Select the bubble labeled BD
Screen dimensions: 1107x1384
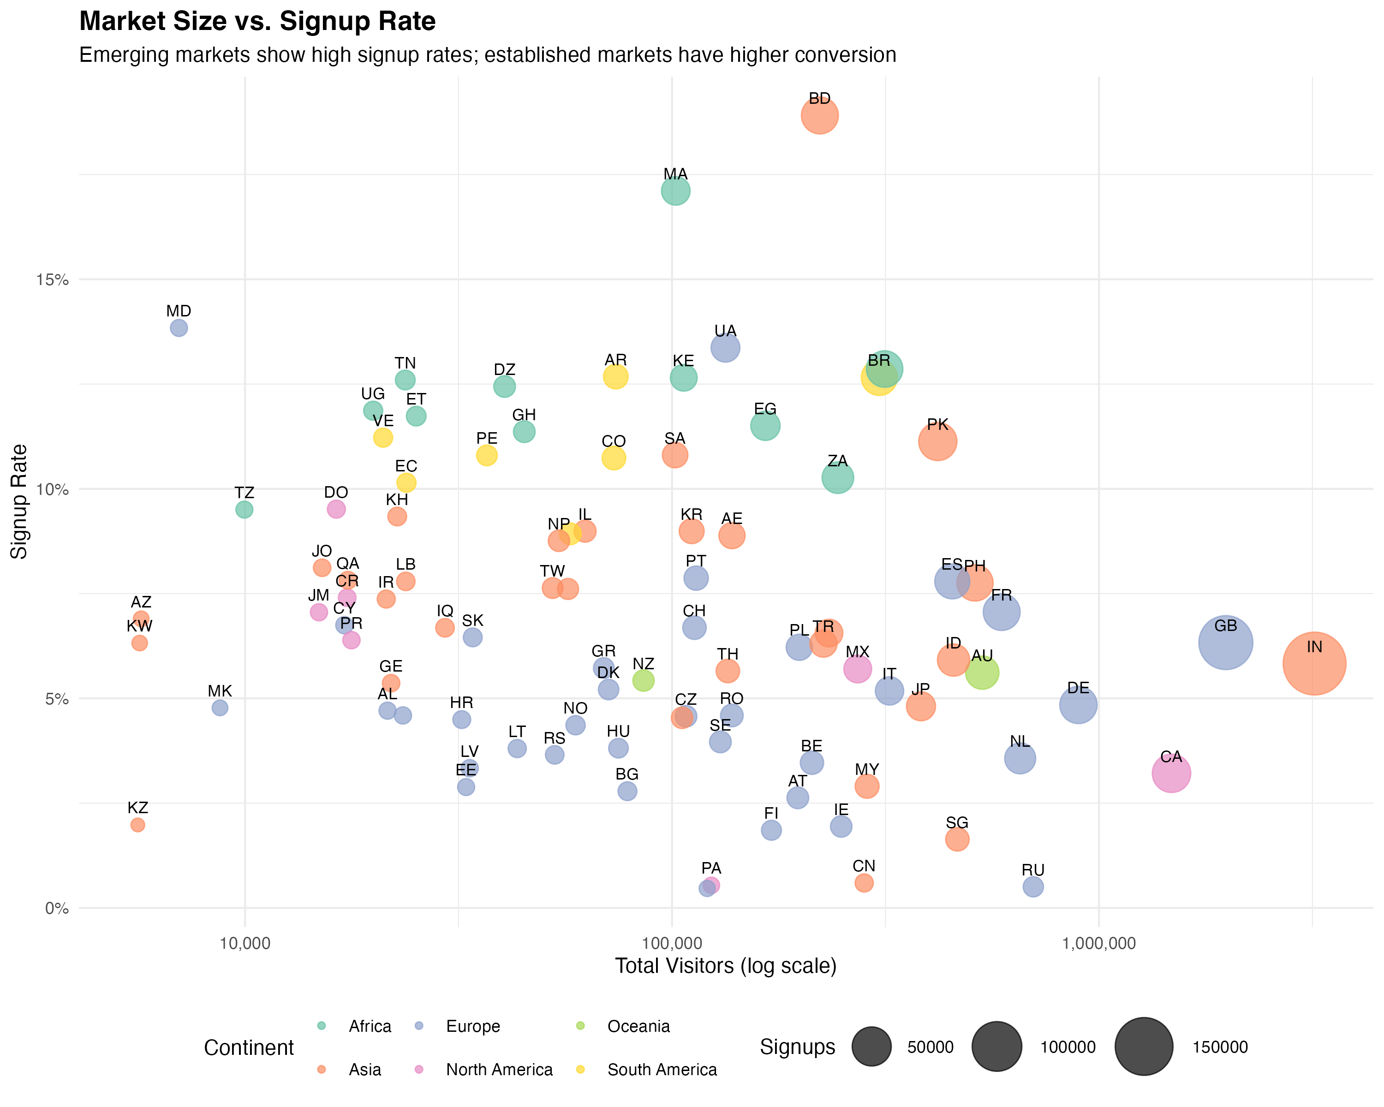point(819,115)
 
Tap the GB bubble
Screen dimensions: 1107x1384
point(1225,643)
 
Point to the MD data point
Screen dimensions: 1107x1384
point(179,328)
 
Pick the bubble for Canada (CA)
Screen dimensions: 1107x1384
point(1171,774)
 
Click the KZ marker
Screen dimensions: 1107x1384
point(137,825)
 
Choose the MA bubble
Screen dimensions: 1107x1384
point(675,190)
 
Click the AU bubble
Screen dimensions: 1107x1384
point(982,673)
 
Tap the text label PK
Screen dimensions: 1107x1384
point(937,425)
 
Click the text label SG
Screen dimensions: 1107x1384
point(956,823)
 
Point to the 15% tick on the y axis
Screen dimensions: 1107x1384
point(52,280)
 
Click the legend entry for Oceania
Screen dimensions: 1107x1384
point(638,1026)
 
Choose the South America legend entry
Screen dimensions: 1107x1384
point(661,1070)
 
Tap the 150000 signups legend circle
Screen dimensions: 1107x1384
point(1143,1047)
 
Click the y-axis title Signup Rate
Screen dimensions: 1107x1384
point(19,501)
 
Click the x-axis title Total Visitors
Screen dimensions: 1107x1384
point(725,966)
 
